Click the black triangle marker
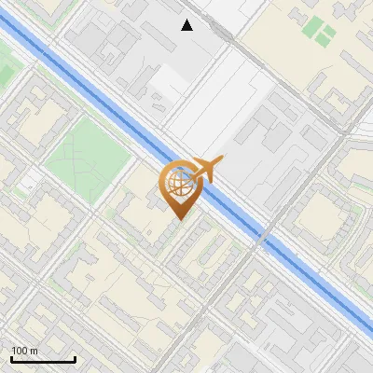coord(187,25)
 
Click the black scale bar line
coord(42,359)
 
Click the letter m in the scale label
coord(34,352)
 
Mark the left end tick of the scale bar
coord(10,357)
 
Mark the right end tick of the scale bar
coord(75,357)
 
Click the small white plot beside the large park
coord(30,179)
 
